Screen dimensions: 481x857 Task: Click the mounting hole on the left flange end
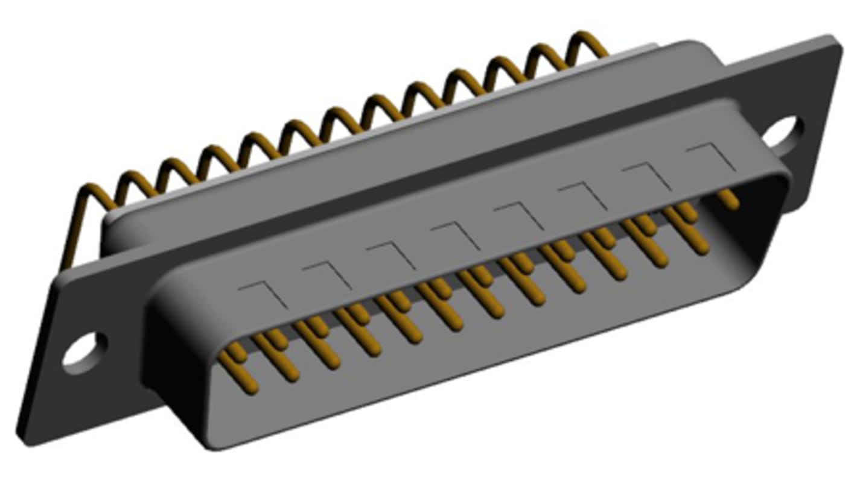85,350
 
